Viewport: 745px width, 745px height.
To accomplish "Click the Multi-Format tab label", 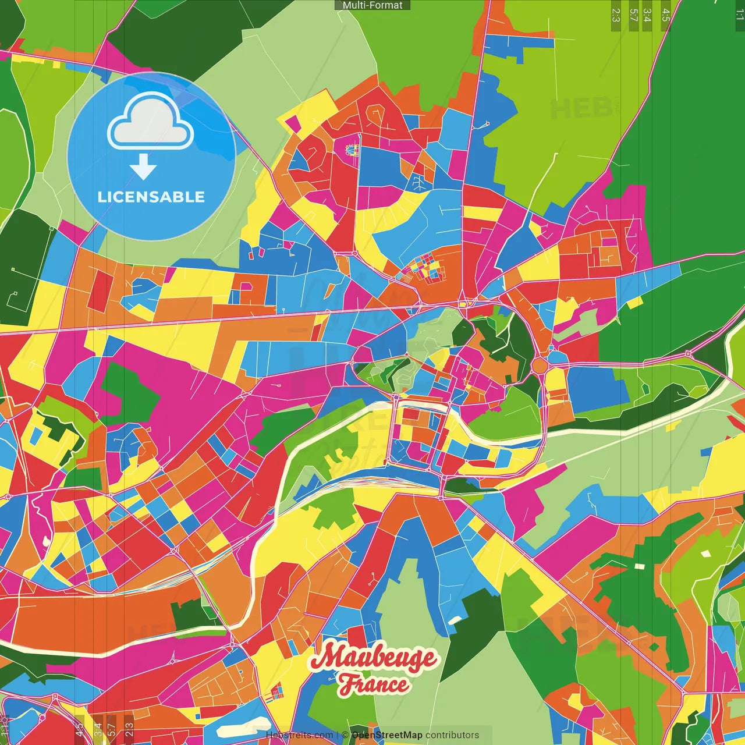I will coord(372,5).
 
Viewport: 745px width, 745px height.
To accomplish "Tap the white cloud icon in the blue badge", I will coord(151,123).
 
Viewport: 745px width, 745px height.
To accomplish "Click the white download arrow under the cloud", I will coord(143,167).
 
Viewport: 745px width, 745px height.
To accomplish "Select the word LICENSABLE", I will coord(151,197).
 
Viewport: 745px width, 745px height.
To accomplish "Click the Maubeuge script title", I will coord(373,658).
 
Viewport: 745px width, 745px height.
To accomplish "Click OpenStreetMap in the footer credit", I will coord(387,735).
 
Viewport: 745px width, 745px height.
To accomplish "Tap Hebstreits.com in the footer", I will coord(299,735).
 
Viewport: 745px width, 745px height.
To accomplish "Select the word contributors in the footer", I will coord(452,735).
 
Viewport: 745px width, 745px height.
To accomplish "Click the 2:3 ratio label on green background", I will coord(616,15).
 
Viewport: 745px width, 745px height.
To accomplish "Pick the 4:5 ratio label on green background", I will coord(666,15).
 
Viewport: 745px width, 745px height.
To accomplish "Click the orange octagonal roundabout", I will coord(540,366).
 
